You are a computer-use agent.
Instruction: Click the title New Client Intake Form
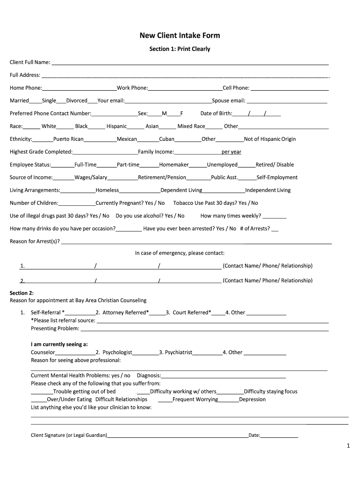[180, 36]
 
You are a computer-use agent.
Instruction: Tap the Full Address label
[25, 75]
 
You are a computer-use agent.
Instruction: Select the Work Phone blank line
[185, 89]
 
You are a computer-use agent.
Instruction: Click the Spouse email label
[229, 101]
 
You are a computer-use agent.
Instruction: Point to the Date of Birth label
[216, 113]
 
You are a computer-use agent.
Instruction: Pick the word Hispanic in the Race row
[116, 126]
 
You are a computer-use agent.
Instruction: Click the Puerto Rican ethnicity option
[68, 139]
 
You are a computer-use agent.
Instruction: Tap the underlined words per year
[231, 152]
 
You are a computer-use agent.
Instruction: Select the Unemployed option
[222, 165]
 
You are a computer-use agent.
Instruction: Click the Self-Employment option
[277, 177]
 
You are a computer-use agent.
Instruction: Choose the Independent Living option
[268, 190]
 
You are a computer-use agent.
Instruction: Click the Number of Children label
[34, 203]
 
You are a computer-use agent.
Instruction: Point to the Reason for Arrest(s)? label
[35, 241]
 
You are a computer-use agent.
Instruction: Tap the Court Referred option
[192, 312]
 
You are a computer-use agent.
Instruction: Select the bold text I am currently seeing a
[59, 344]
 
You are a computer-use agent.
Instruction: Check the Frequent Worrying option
[195, 399]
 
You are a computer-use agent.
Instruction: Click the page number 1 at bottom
[348, 446]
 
